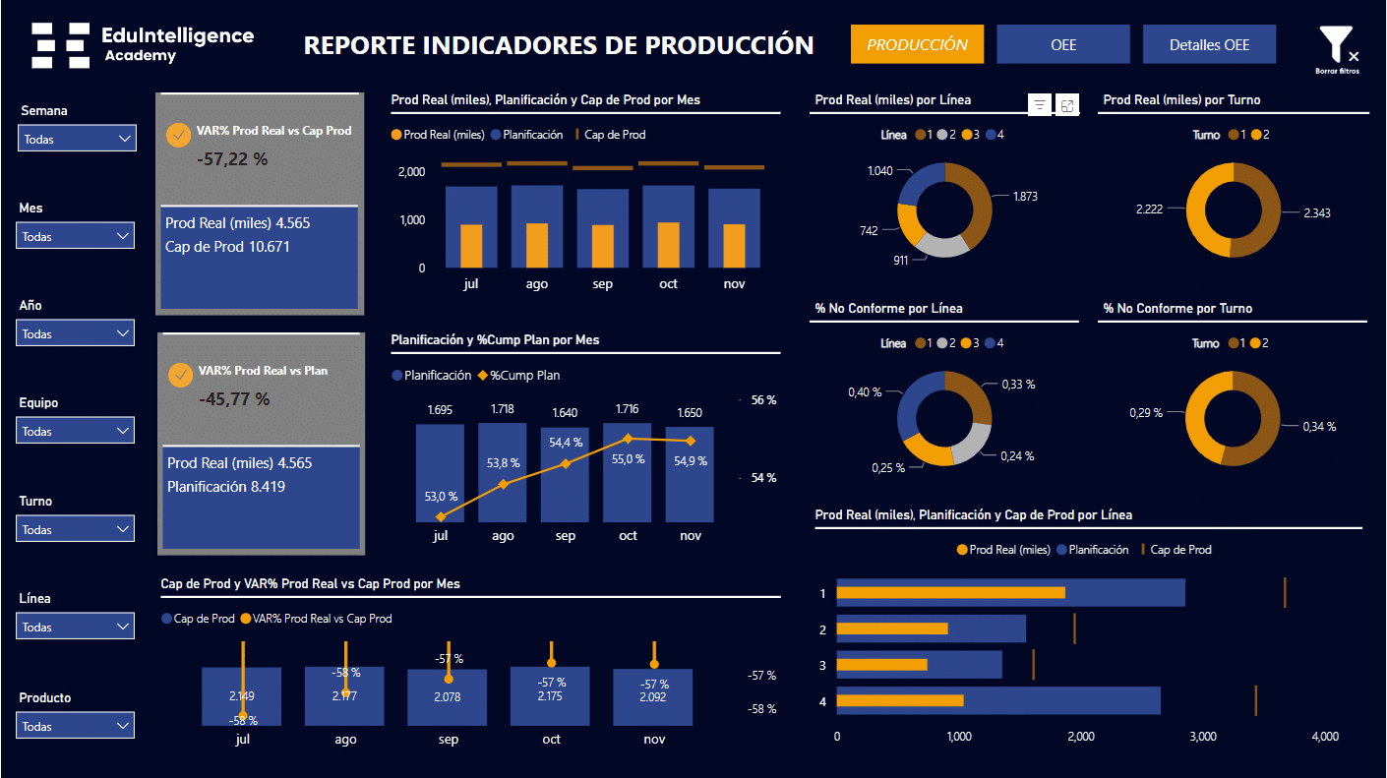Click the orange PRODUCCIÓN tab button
point(917,44)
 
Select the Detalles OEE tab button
point(1209,44)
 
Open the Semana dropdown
point(77,139)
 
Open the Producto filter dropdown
point(76,726)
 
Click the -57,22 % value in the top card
point(232,158)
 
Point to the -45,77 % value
point(234,399)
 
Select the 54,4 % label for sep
point(565,443)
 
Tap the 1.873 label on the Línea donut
point(1025,197)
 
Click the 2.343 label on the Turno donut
point(1316,212)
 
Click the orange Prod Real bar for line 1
point(950,592)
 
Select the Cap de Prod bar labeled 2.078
point(448,696)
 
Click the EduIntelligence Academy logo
point(143,44)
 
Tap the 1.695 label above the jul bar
point(440,409)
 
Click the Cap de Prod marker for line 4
point(1256,700)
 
